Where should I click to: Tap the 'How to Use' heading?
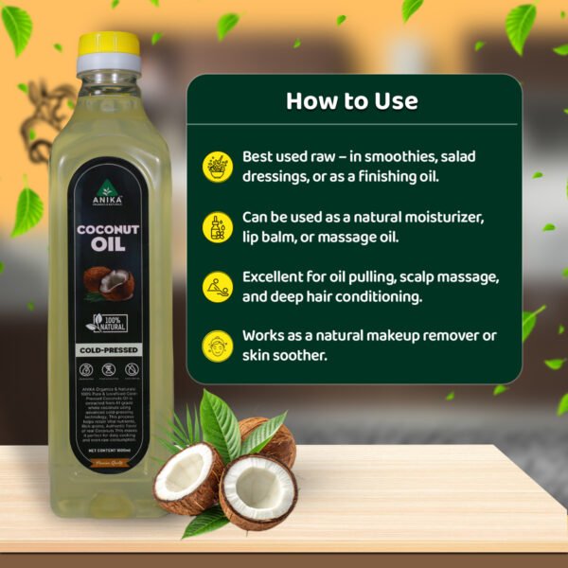pos(352,100)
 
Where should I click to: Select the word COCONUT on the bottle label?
pos(109,230)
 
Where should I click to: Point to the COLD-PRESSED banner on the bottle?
pos(110,349)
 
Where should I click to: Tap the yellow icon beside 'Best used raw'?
pos(217,167)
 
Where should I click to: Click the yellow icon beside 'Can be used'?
pos(217,226)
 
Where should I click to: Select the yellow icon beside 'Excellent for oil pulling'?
pos(217,286)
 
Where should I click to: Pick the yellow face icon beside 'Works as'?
pos(217,346)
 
